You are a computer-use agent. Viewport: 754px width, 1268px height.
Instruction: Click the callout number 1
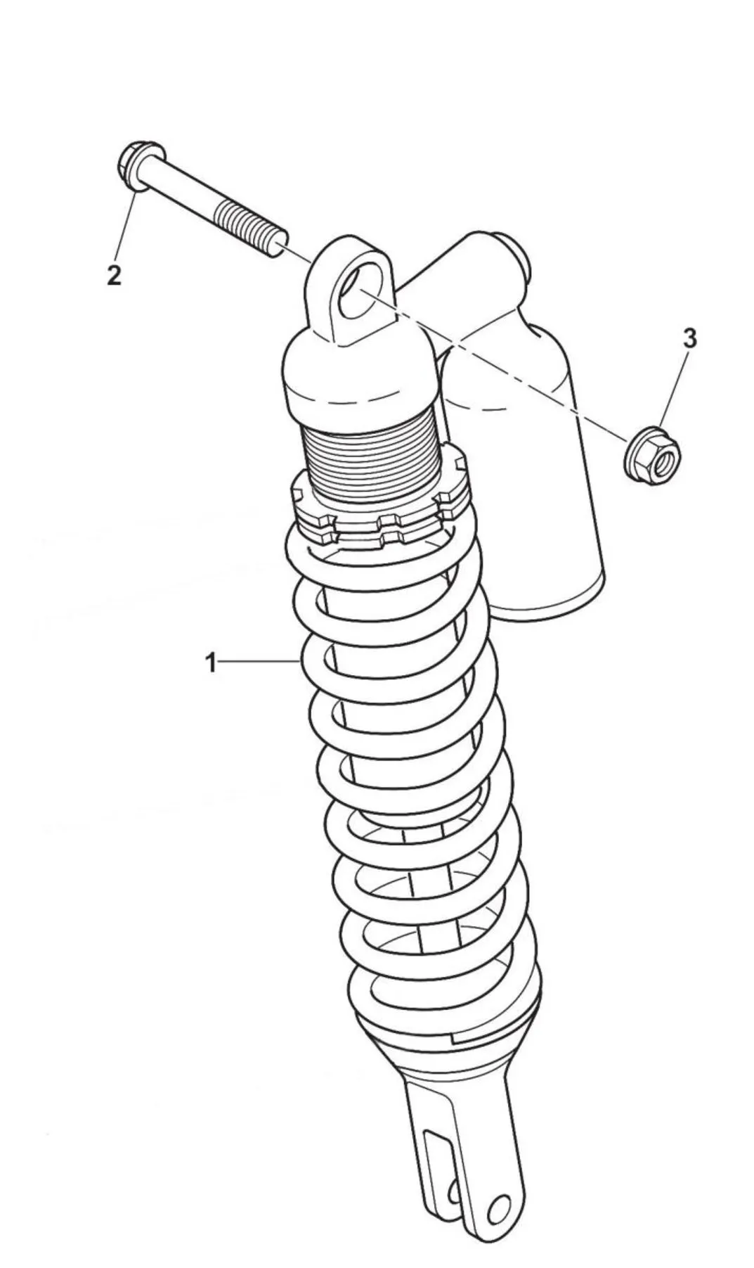click(210, 662)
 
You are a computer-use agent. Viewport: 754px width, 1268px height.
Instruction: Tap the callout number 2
click(114, 274)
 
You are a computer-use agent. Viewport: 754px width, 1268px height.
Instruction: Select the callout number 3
click(690, 339)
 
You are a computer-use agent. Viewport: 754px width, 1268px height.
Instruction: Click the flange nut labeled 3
click(653, 459)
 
